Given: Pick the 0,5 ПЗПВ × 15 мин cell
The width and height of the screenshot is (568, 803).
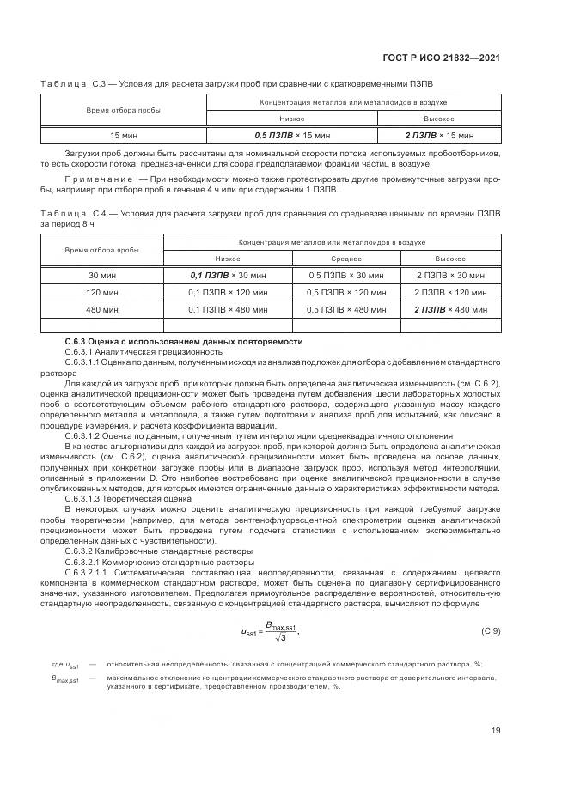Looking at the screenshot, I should pyautogui.click(x=292, y=135).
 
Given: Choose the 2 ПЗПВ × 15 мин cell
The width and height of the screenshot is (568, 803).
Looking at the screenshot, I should pyautogui.click(x=439, y=135).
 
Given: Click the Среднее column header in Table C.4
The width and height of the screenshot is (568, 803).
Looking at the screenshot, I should pyautogui.click(x=345, y=258).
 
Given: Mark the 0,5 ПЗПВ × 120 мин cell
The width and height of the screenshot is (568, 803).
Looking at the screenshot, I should pyautogui.click(x=345, y=292).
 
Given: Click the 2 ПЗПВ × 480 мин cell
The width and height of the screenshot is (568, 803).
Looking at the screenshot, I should pyautogui.click(x=449, y=308).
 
